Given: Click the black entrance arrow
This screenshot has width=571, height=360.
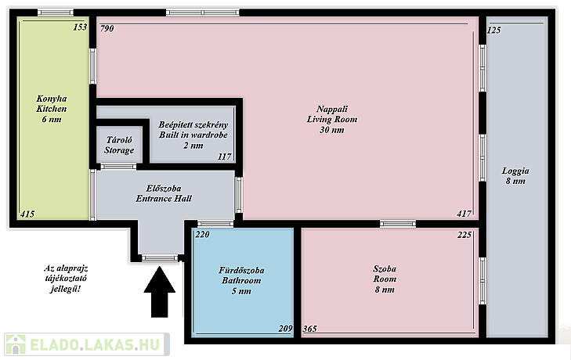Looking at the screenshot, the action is (x=160, y=292).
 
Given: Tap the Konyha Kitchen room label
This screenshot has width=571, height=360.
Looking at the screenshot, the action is (x=52, y=109).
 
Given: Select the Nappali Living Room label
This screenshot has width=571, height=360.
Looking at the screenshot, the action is (x=332, y=119).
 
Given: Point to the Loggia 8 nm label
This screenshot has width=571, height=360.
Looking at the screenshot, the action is (x=515, y=176).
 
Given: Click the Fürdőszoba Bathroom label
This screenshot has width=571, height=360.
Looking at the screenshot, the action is (x=241, y=280).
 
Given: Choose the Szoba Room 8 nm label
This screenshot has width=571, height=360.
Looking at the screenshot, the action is (x=385, y=279).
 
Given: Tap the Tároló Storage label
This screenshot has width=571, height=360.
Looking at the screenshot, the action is (x=119, y=145).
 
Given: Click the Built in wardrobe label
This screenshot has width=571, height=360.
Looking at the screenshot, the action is (x=193, y=135).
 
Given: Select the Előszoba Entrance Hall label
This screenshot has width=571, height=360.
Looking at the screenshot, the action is (x=164, y=193).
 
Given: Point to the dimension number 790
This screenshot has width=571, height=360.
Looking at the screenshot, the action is (x=107, y=28).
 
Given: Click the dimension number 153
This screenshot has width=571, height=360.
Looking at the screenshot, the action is (x=80, y=27).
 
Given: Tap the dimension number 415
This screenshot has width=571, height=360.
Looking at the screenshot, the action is (x=27, y=214).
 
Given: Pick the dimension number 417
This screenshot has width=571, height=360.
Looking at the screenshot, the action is (x=464, y=214).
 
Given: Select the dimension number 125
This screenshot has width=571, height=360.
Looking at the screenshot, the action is (x=493, y=30).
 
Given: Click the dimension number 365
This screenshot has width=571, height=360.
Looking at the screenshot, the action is (x=309, y=329).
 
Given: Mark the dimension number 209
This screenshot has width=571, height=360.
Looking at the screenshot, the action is (x=285, y=329).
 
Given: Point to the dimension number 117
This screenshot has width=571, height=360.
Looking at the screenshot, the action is (x=224, y=157).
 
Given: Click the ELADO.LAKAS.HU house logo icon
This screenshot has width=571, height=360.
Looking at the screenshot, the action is (x=16, y=344).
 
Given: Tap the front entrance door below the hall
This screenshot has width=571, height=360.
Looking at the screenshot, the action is (x=160, y=258).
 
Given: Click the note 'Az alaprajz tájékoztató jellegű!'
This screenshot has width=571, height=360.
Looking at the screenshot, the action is (x=66, y=279).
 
